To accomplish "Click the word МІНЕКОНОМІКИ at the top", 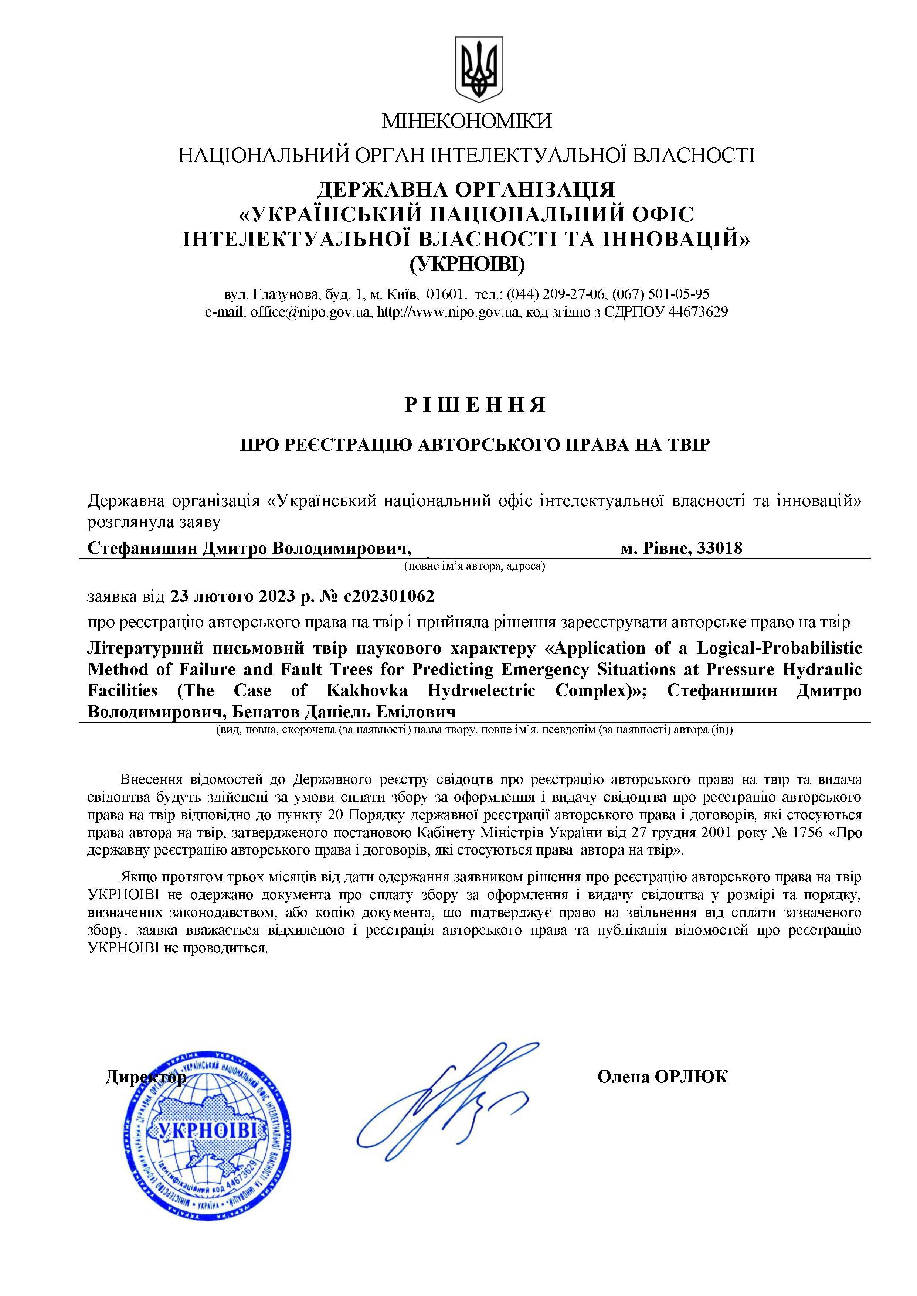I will [466, 121].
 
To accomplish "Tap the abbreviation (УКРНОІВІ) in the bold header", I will [466, 264].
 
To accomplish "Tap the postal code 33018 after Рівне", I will [720, 548].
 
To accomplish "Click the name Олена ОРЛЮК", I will [662, 1077].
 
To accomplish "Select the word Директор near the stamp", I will [146, 1078].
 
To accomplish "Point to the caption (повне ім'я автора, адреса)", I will [474, 566].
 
